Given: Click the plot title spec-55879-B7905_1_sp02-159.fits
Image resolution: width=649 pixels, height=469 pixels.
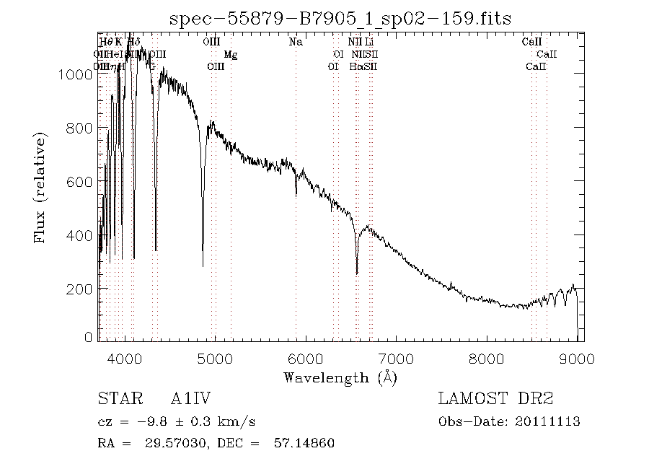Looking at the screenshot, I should [x=340, y=18].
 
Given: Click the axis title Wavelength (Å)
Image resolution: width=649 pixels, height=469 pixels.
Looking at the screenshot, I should [x=340, y=377].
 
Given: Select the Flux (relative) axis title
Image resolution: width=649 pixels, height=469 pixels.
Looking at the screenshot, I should [x=41, y=187].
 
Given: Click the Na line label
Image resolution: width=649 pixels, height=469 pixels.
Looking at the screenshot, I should [x=296, y=42].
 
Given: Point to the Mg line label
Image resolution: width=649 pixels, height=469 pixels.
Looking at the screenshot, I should [x=230, y=54].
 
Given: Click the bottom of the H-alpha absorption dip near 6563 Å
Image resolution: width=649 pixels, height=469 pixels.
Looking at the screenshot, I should [x=357, y=273].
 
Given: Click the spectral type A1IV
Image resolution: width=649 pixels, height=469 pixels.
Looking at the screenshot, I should [x=191, y=399].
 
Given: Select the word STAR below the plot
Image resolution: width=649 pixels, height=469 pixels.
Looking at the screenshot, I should [x=115, y=399].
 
